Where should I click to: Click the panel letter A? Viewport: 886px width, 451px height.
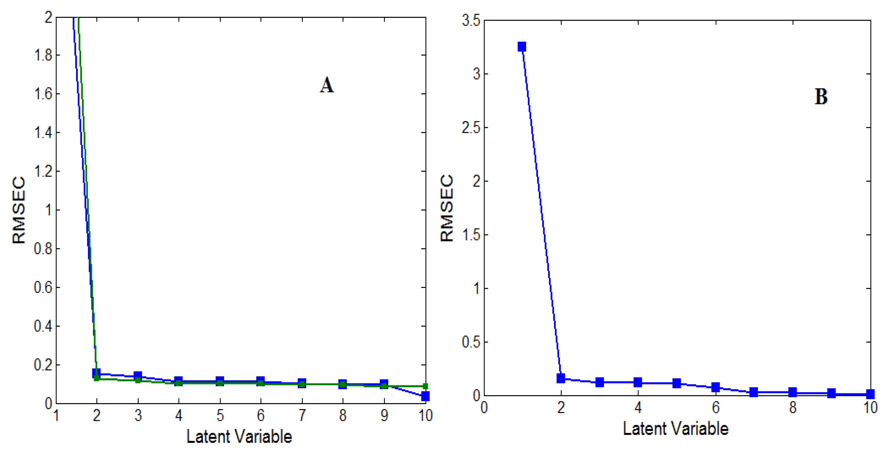pyautogui.click(x=327, y=85)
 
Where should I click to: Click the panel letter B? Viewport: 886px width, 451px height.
pyautogui.click(x=821, y=97)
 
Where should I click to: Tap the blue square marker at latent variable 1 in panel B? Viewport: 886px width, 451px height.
pyautogui.click(x=522, y=47)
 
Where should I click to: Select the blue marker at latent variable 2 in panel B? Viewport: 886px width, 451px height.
pyautogui.click(x=561, y=378)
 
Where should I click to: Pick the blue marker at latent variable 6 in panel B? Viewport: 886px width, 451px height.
pyautogui.click(x=716, y=387)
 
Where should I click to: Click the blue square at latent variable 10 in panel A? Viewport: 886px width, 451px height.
pyautogui.click(x=425, y=396)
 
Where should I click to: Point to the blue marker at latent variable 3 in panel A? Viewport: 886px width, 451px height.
pyautogui.click(x=138, y=375)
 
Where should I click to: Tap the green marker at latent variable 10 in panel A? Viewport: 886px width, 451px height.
pyautogui.click(x=425, y=386)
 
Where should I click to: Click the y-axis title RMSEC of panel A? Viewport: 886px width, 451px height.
pyautogui.click(x=19, y=210)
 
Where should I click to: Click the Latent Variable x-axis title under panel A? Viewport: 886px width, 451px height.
pyautogui.click(x=239, y=437)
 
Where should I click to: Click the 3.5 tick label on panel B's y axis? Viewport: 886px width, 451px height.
pyautogui.click(x=471, y=21)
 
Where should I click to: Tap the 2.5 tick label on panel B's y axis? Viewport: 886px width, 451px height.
pyautogui.click(x=471, y=128)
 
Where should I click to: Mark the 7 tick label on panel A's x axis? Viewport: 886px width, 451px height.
pyautogui.click(x=302, y=416)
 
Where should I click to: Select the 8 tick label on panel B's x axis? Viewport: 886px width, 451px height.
pyautogui.click(x=793, y=408)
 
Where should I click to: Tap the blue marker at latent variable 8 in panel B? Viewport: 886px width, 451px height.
pyautogui.click(x=793, y=392)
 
